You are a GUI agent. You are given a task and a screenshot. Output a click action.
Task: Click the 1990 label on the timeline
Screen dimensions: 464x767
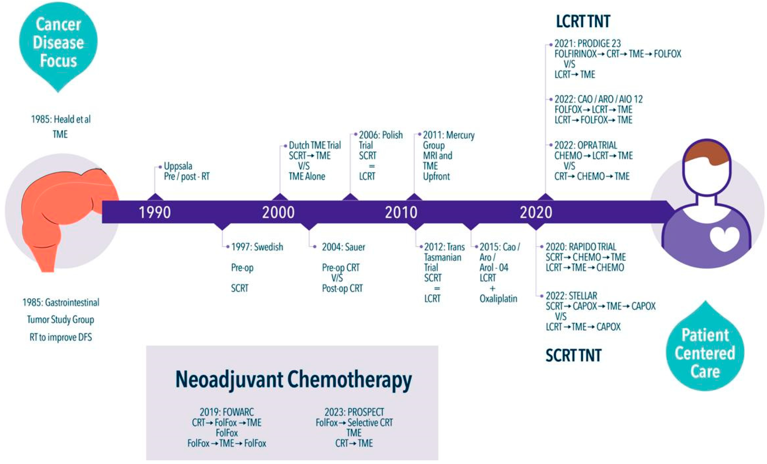coord(155,213)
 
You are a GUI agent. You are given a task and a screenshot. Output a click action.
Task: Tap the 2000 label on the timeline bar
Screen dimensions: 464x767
coord(278,213)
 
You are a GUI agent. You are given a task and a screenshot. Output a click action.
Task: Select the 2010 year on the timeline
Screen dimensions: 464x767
coord(401,213)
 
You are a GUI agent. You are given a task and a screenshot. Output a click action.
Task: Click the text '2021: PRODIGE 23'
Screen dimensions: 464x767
coord(587,44)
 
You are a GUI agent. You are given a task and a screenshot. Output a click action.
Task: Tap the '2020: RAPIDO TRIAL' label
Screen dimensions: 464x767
coord(581,247)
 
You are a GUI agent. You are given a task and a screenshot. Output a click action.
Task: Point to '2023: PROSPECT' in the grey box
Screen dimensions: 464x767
coord(354,412)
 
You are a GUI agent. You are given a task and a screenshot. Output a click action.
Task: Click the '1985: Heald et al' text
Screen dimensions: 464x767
coord(61,119)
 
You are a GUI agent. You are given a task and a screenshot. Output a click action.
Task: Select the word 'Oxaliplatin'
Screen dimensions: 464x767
coord(498,299)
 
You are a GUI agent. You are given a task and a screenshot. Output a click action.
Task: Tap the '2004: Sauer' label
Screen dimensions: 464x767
coord(343,247)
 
